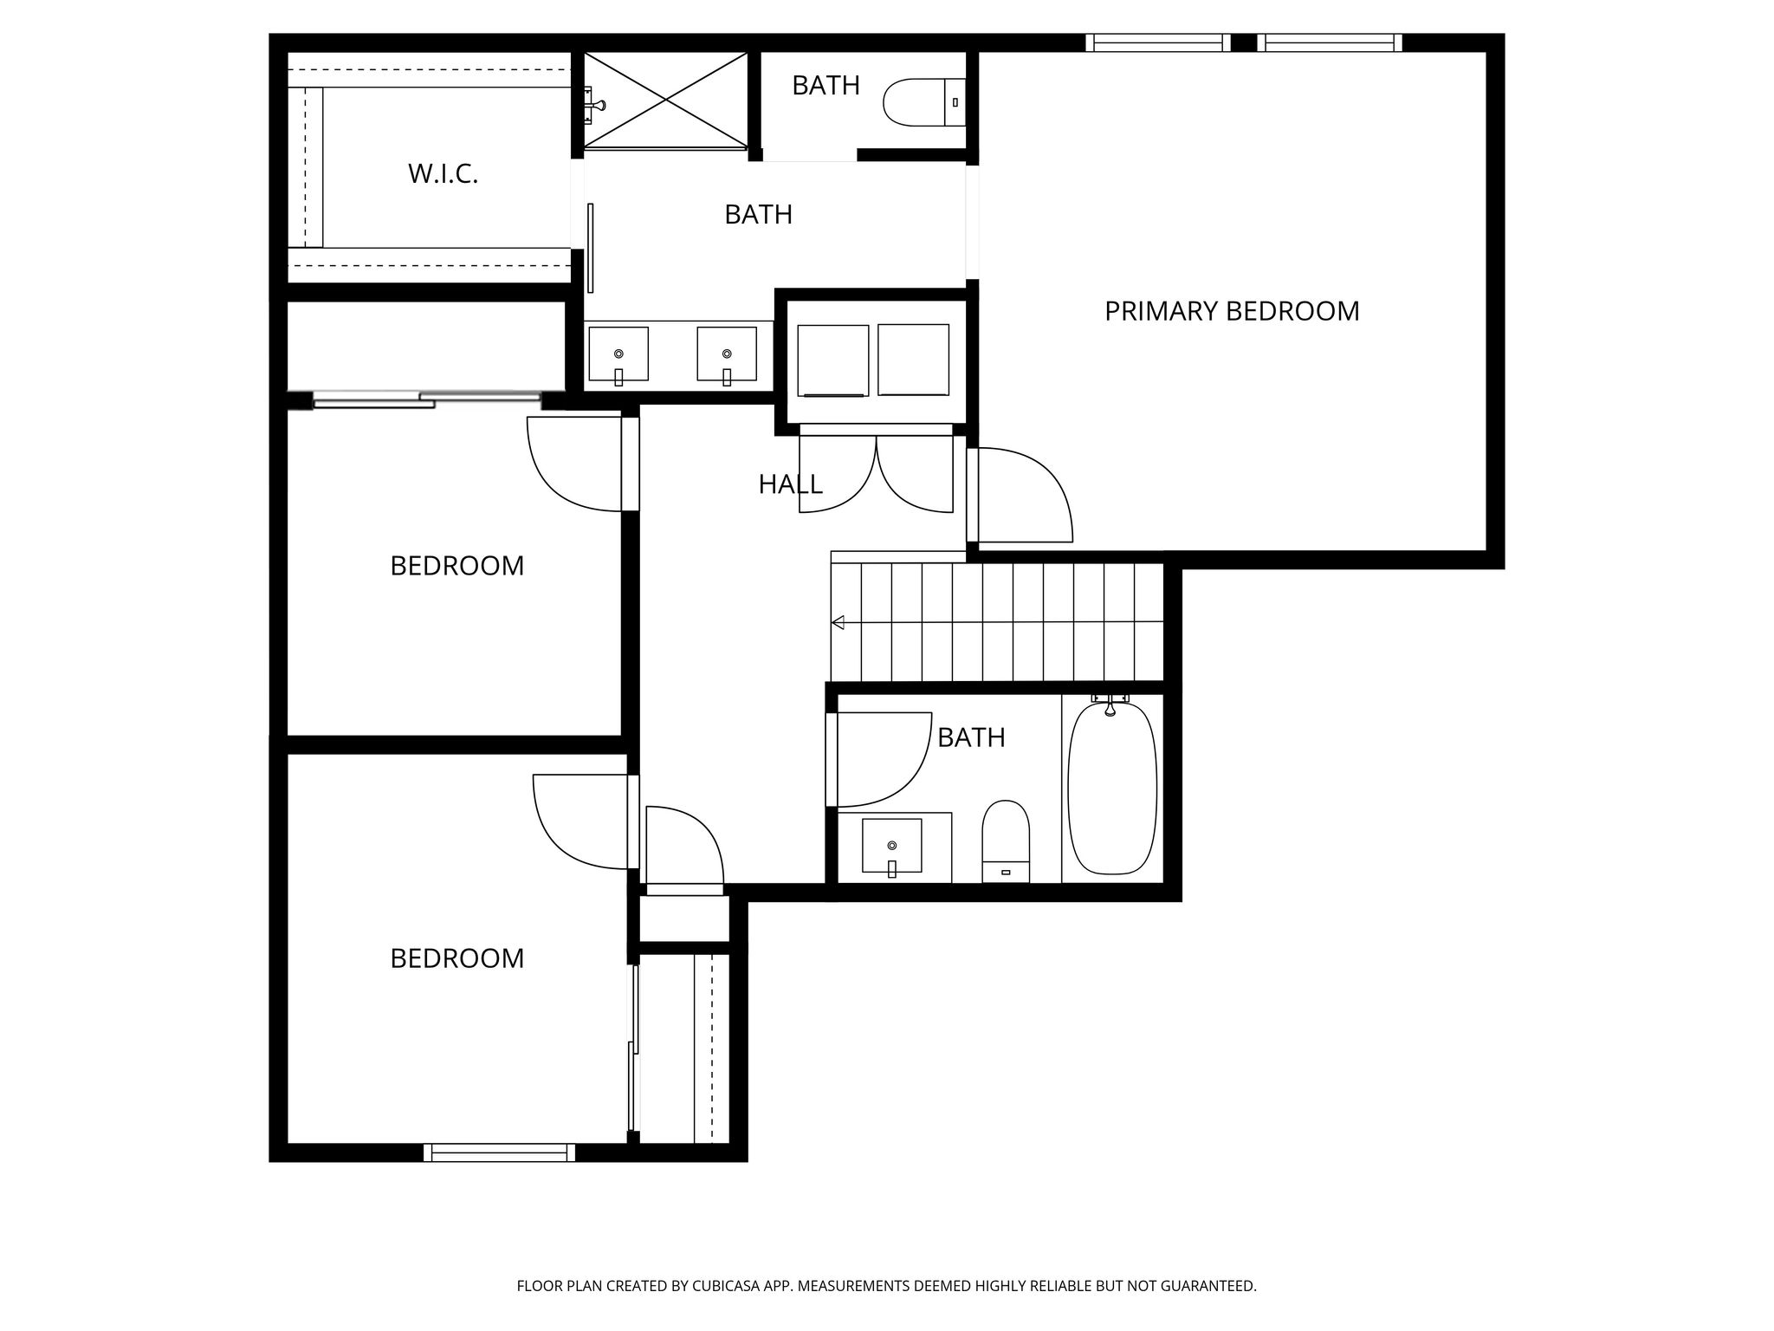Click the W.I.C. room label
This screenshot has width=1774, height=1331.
click(443, 174)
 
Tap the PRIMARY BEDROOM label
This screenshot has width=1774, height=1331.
click(1232, 311)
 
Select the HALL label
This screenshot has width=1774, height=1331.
click(790, 484)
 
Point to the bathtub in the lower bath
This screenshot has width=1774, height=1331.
click(1112, 789)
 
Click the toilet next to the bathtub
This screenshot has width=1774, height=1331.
click(1006, 841)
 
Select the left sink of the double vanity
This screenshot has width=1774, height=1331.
click(618, 354)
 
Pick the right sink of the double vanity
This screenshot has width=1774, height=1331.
click(727, 354)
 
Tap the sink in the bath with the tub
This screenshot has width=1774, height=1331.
click(892, 846)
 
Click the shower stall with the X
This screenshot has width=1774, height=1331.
click(665, 101)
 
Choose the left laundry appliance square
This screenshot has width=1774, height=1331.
click(833, 360)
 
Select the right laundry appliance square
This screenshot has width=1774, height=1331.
click(913, 360)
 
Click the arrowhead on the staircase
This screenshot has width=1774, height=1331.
click(838, 622)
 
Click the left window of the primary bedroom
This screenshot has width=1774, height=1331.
click(1158, 42)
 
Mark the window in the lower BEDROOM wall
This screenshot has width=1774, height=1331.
click(500, 1152)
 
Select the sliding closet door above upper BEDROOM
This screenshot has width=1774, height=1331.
click(427, 399)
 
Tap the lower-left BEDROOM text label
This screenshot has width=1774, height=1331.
click(457, 958)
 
